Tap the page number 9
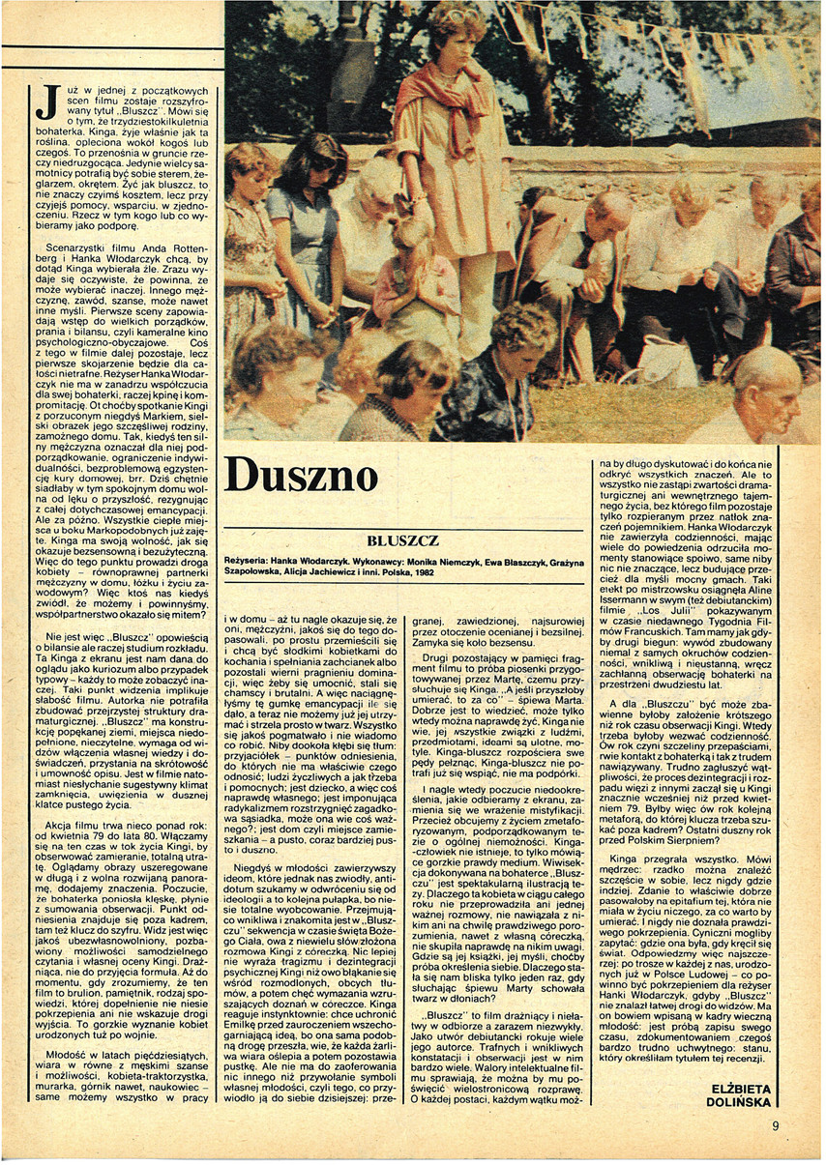coord(775,1124)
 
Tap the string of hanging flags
coord(677,39)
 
